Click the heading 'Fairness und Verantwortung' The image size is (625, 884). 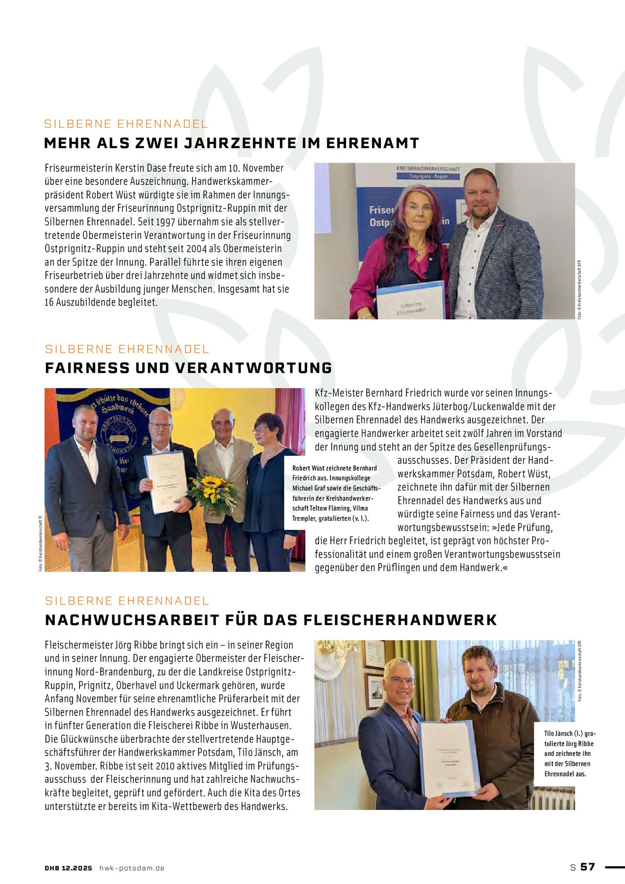pos(189,368)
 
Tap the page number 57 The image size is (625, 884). pos(587,867)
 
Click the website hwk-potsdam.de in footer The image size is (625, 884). pos(132,868)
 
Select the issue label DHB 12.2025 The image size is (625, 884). pos(68,868)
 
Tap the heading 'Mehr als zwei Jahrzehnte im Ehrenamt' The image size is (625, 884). pos(231,143)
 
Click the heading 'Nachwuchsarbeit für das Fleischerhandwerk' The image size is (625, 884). pos(271,620)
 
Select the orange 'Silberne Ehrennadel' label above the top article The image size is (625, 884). pos(126,124)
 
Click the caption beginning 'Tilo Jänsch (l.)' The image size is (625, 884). pos(569,753)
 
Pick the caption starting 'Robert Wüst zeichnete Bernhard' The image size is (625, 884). pos(335,493)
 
